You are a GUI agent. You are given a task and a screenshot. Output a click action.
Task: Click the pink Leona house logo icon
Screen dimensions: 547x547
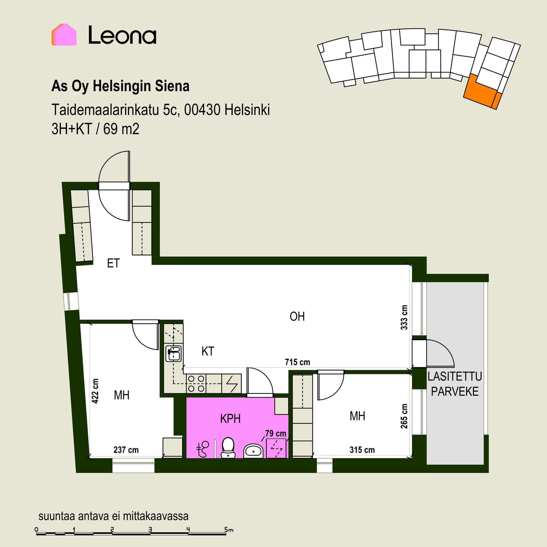(x=64, y=34)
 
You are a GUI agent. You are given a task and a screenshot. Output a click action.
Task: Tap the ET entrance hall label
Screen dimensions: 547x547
(x=113, y=263)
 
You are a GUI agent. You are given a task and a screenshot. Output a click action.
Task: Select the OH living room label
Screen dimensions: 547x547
(x=297, y=317)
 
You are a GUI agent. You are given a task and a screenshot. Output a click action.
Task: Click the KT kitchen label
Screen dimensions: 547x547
(x=208, y=351)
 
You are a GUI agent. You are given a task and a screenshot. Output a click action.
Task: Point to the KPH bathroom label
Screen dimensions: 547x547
(x=230, y=419)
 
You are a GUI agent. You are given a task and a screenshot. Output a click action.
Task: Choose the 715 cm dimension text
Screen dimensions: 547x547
(x=297, y=362)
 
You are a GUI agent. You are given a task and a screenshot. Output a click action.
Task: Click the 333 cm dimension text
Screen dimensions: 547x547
(x=404, y=318)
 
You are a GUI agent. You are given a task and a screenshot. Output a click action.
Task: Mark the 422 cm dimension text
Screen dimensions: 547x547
(x=95, y=391)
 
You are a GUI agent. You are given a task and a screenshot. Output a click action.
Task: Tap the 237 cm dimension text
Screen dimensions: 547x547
(x=126, y=450)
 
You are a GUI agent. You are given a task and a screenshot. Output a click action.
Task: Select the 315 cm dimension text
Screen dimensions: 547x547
(x=362, y=450)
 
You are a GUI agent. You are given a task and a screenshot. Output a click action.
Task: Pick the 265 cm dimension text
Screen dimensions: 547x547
(x=404, y=416)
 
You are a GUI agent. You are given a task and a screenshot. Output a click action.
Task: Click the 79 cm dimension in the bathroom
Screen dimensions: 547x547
(x=275, y=433)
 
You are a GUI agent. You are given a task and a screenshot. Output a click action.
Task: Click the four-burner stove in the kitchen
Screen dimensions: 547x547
(x=196, y=384)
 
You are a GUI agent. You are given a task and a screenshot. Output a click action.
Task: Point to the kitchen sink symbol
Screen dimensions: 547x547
(x=174, y=353)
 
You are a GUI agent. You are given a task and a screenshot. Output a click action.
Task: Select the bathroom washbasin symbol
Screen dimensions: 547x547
(x=253, y=451)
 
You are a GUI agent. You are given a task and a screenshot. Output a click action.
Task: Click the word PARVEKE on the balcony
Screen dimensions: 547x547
(x=455, y=391)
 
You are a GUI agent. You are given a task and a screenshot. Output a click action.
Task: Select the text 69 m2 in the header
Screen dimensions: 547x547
(x=121, y=129)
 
